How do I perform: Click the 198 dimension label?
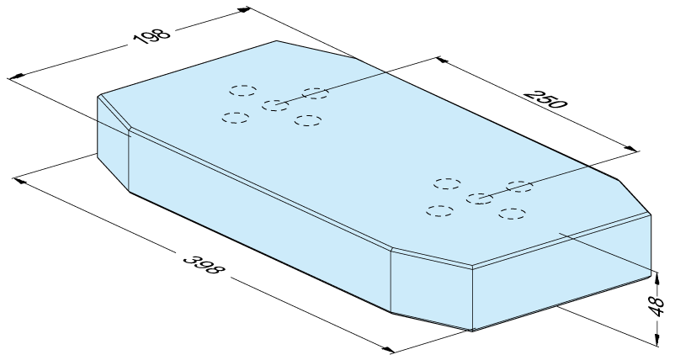(x=153, y=34)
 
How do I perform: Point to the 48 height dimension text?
(x=657, y=306)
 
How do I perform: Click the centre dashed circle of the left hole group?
(x=275, y=105)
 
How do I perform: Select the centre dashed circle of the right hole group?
(x=480, y=199)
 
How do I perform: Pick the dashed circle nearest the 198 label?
(x=242, y=90)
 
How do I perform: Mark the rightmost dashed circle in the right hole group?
(x=519, y=186)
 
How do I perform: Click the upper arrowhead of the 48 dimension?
(x=657, y=278)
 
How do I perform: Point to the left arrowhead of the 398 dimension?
(x=20, y=180)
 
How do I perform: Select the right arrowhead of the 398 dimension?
(x=388, y=350)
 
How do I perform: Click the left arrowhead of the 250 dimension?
(x=443, y=60)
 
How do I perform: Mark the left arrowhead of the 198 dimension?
(x=15, y=77)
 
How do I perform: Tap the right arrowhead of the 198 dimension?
(x=243, y=9)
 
